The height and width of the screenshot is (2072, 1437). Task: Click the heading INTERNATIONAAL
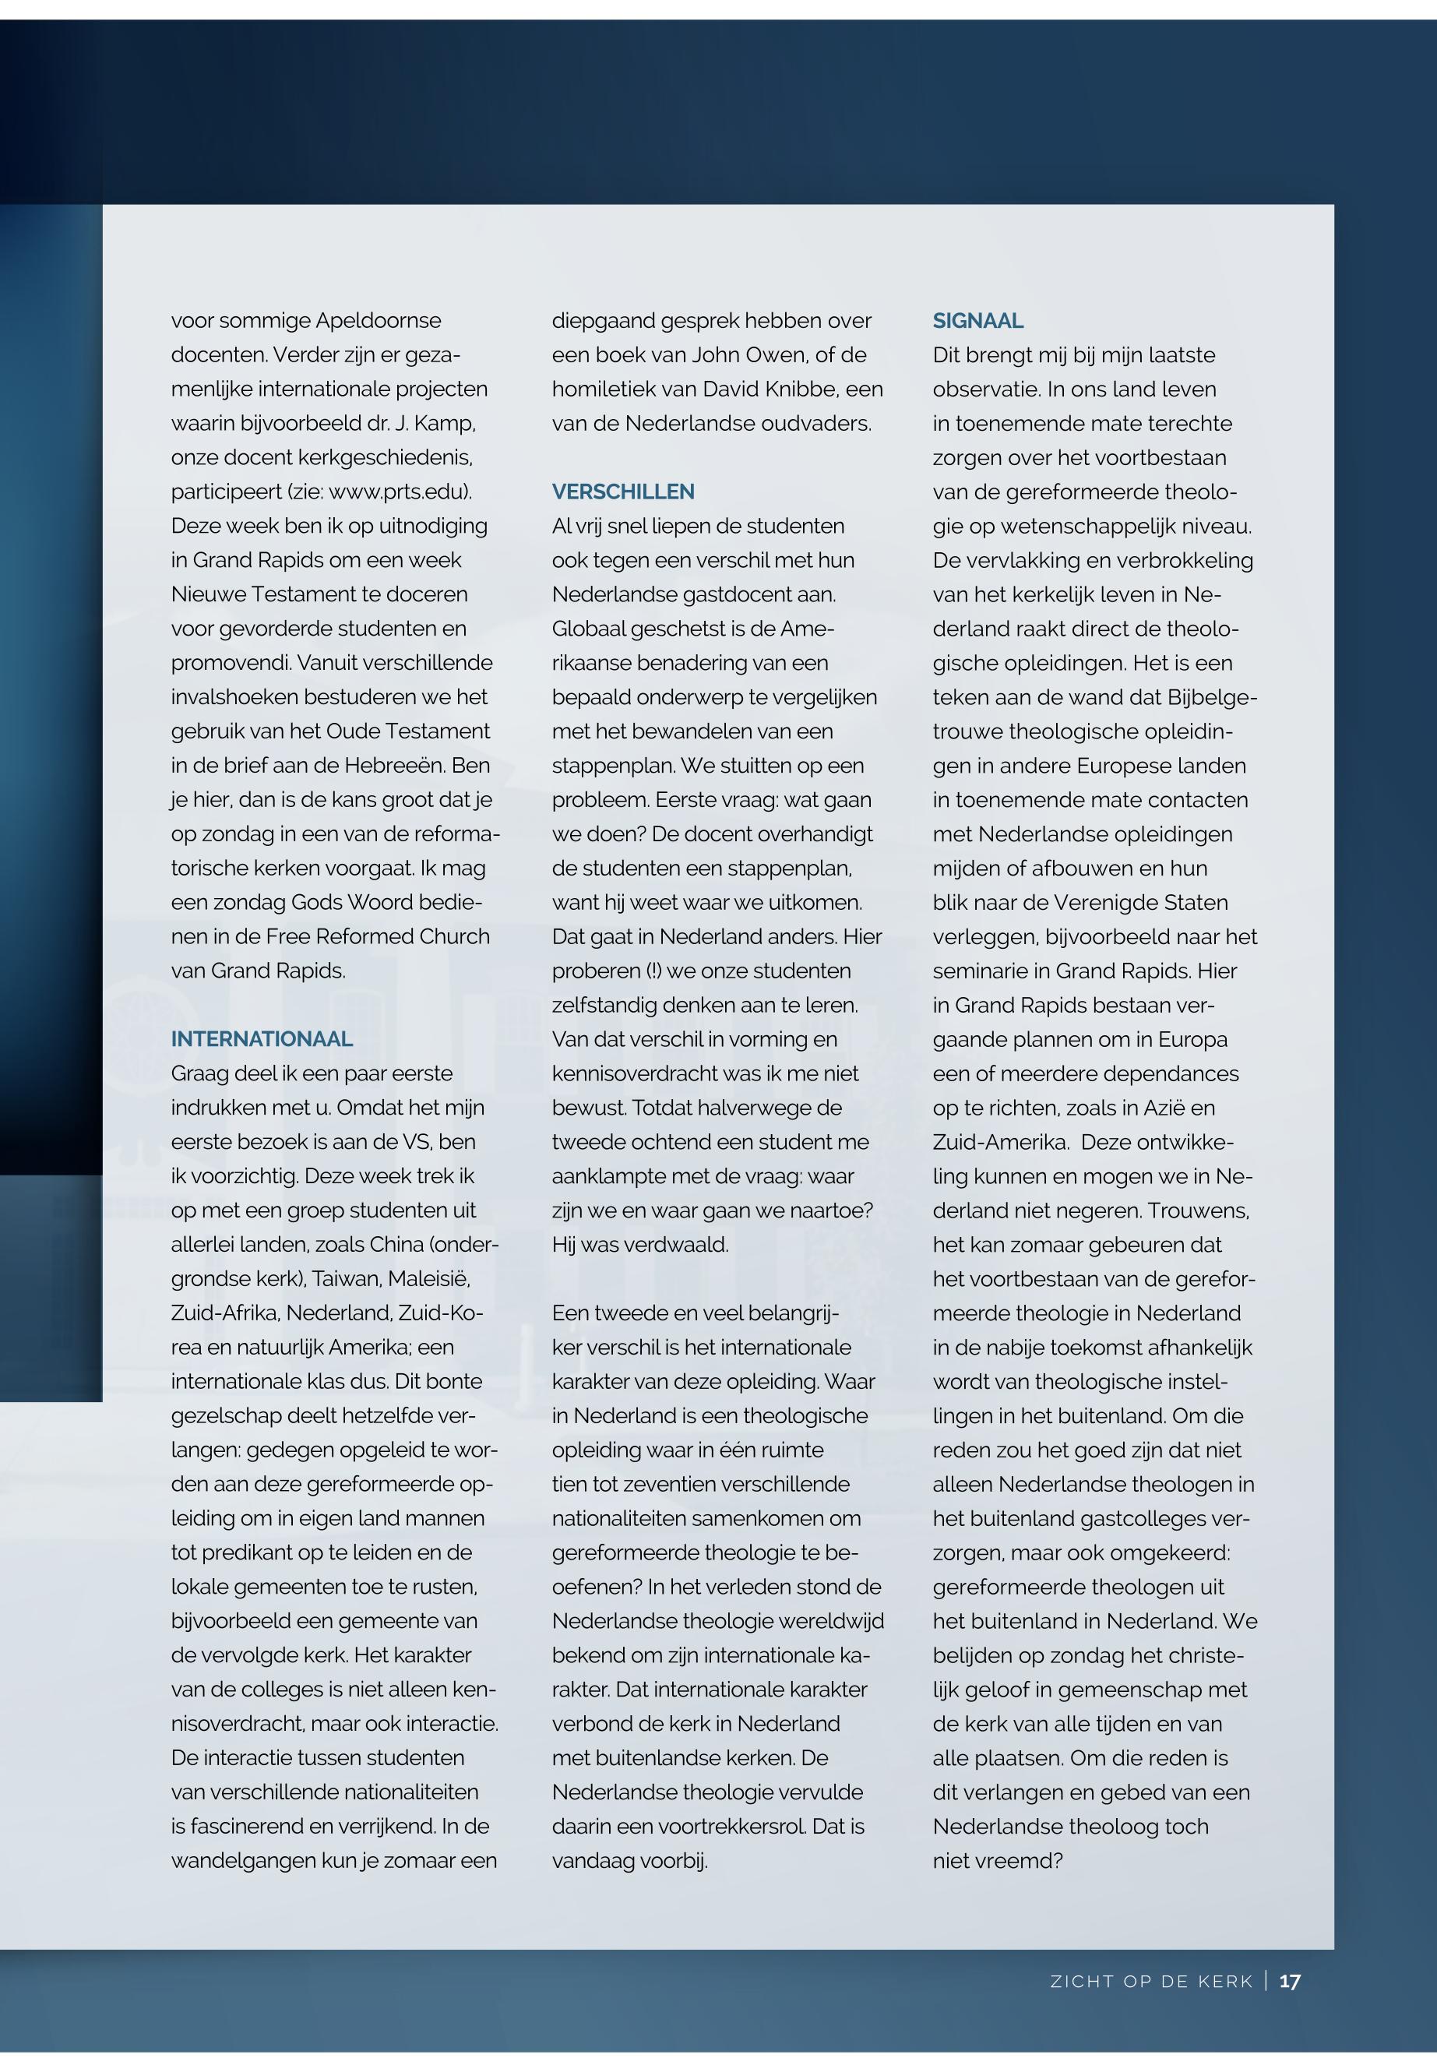[x=261, y=1039]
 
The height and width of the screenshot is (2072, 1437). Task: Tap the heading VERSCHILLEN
[x=623, y=492]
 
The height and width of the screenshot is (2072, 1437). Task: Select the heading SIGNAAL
[x=977, y=321]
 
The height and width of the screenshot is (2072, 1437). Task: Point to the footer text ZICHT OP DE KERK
[x=1152, y=1982]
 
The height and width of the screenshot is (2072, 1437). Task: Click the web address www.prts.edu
[x=398, y=492]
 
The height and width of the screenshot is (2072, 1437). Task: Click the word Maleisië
[x=431, y=1279]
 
